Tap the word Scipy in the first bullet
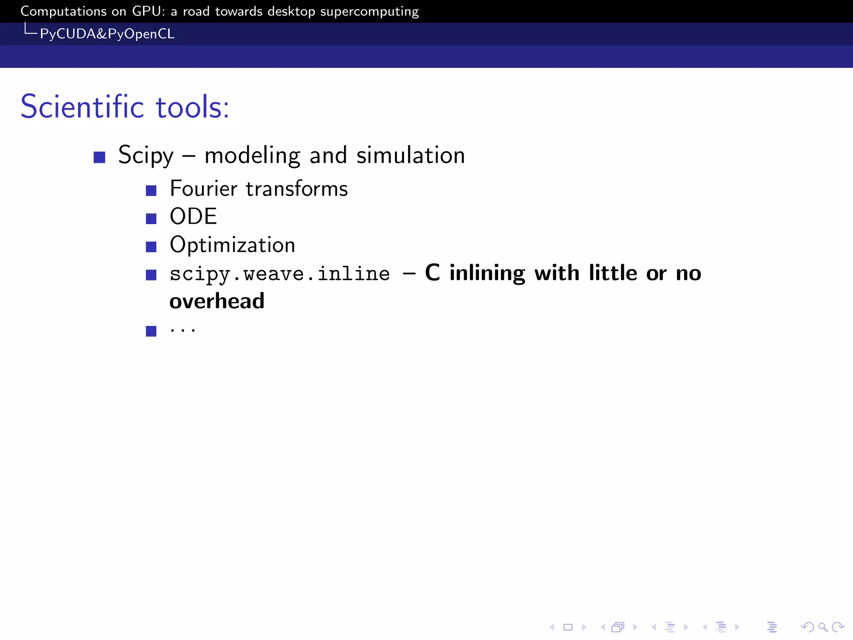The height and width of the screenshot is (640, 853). (146, 155)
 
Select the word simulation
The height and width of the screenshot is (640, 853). (411, 155)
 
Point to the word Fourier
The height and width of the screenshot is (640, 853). (204, 188)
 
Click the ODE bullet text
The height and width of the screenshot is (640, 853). (193, 216)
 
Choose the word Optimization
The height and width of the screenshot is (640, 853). (232, 245)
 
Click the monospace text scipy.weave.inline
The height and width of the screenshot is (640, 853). (280, 274)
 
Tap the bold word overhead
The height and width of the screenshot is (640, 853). (217, 301)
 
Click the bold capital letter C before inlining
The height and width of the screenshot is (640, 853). (432, 273)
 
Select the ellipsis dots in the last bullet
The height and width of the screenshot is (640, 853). (183, 330)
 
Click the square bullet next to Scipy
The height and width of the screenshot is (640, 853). (100, 157)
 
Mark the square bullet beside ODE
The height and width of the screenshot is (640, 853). (151, 219)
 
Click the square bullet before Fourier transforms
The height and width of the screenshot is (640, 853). (151, 191)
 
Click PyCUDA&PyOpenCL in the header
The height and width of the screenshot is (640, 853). (107, 34)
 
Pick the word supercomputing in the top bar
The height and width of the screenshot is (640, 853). (369, 12)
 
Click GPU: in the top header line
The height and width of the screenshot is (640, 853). (149, 11)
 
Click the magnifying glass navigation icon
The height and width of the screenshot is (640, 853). (823, 627)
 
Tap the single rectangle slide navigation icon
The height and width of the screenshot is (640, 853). (568, 627)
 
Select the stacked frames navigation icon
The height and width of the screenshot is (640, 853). (618, 627)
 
